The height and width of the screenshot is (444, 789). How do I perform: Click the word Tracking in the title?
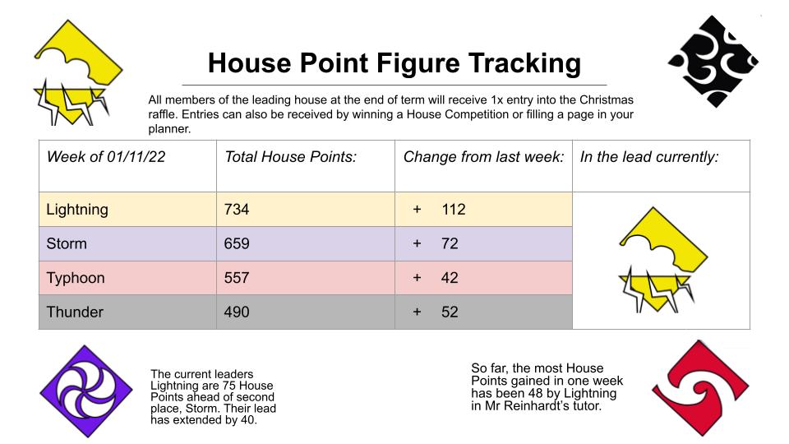pyautogui.click(x=525, y=63)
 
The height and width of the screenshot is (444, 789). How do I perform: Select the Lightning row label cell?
pyautogui.click(x=128, y=210)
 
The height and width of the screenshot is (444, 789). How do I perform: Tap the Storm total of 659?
pyautogui.click(x=237, y=243)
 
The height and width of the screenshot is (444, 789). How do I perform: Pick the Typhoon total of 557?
pyautogui.click(x=237, y=278)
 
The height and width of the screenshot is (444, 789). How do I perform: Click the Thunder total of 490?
pyautogui.click(x=237, y=312)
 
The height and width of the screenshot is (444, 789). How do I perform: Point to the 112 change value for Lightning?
pyautogui.click(x=454, y=210)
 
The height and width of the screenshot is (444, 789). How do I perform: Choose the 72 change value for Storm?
pyautogui.click(x=450, y=243)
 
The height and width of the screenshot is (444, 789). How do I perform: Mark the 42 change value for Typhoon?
pyautogui.click(x=450, y=278)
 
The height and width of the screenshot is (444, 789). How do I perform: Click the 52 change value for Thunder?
pyautogui.click(x=450, y=312)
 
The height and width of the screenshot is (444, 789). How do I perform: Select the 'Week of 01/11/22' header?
pyautogui.click(x=106, y=157)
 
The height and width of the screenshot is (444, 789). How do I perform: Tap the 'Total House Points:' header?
pyautogui.click(x=290, y=157)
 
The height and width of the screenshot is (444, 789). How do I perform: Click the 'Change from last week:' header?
pyautogui.click(x=483, y=157)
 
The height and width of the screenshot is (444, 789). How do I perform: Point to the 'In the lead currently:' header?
pyautogui.click(x=649, y=157)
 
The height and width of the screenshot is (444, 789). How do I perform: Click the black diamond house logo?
pyautogui.click(x=713, y=62)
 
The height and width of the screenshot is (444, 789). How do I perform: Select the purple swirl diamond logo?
pyautogui.click(x=86, y=391)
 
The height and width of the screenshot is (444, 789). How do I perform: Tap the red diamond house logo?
pyautogui.click(x=700, y=388)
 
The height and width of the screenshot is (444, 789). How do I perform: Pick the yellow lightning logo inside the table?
pyautogui.click(x=663, y=260)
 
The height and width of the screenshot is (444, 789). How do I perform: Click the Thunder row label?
pyautogui.click(x=75, y=312)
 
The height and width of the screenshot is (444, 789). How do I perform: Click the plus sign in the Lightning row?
pyautogui.click(x=417, y=210)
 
